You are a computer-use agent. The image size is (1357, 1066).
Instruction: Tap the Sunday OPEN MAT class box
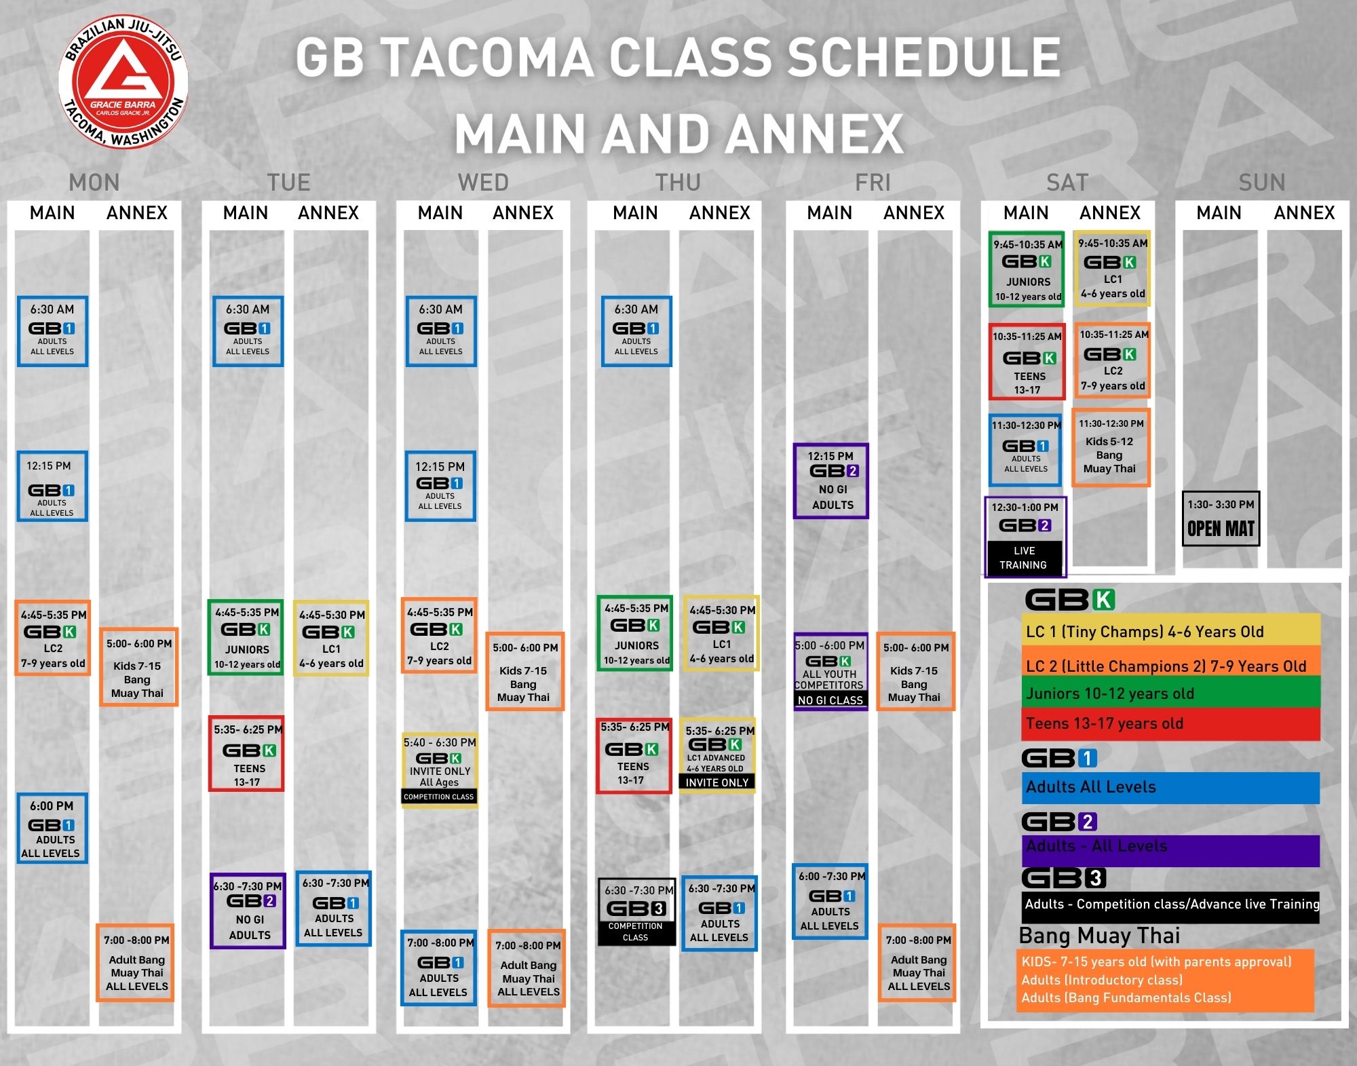point(1221,518)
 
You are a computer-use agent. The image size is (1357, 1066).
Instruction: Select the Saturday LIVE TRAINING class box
point(1025,536)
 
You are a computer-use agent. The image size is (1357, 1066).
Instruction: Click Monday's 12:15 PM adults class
point(52,486)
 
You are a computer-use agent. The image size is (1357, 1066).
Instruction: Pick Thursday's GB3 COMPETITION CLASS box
point(636,912)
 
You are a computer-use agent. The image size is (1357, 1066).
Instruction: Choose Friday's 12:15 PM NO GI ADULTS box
point(831,481)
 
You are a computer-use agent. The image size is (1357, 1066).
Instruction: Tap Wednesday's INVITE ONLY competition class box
point(440,769)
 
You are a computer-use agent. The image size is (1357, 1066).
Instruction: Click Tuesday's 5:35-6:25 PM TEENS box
point(246,753)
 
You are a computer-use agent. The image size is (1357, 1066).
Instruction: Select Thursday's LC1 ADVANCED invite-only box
point(718,755)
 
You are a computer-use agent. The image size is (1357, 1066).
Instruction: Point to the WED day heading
point(483,183)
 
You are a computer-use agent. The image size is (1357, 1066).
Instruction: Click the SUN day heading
point(1261,183)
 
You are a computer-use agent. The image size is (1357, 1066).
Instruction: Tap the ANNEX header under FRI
point(914,213)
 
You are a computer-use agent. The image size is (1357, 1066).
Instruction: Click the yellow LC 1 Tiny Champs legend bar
point(1171,631)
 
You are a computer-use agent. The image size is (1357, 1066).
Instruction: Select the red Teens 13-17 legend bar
point(1171,724)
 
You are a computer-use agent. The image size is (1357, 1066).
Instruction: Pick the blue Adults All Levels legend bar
point(1171,787)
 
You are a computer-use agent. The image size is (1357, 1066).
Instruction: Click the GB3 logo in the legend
point(1064,878)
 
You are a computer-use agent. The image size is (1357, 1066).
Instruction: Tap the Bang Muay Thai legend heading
point(1099,936)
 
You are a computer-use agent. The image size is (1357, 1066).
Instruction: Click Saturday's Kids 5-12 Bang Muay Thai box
point(1111,447)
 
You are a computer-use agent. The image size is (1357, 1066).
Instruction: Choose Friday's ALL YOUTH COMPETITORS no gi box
point(830,672)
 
